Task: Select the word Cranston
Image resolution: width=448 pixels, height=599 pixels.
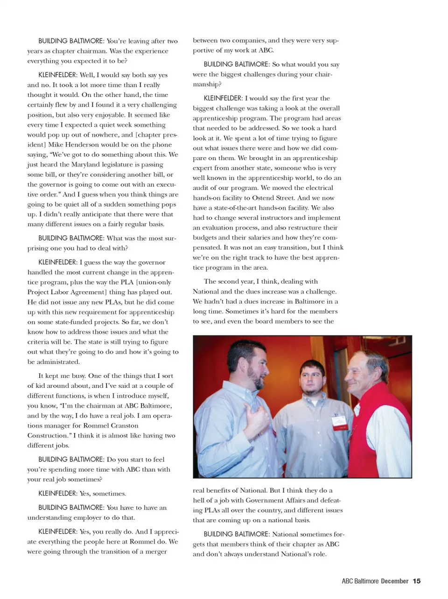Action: coord(123,425)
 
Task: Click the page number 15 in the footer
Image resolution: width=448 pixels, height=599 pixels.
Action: coord(417,581)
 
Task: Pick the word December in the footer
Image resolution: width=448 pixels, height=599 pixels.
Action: coord(394,581)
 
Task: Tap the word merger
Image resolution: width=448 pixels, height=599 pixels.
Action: coord(156,551)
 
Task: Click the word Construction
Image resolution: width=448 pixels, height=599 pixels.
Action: coord(49,436)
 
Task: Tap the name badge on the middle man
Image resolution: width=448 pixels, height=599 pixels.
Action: coord(338,422)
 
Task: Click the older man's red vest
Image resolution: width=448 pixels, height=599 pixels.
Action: coord(373,420)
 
